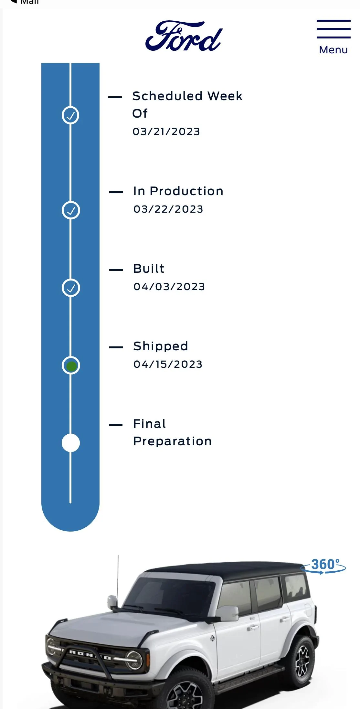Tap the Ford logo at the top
(184, 36)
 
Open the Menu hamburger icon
(334, 29)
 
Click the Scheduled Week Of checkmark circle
(70, 115)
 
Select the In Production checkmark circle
(70, 210)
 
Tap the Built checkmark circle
(70, 288)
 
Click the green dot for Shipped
(71, 366)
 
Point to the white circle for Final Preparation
(70, 443)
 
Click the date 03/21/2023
(166, 132)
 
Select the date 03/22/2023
(168, 209)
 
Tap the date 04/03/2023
(169, 287)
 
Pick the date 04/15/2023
(168, 364)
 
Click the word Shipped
(161, 346)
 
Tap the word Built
(149, 269)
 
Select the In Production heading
(178, 191)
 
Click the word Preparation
(172, 441)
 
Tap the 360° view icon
(323, 566)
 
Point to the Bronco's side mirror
(227, 613)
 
